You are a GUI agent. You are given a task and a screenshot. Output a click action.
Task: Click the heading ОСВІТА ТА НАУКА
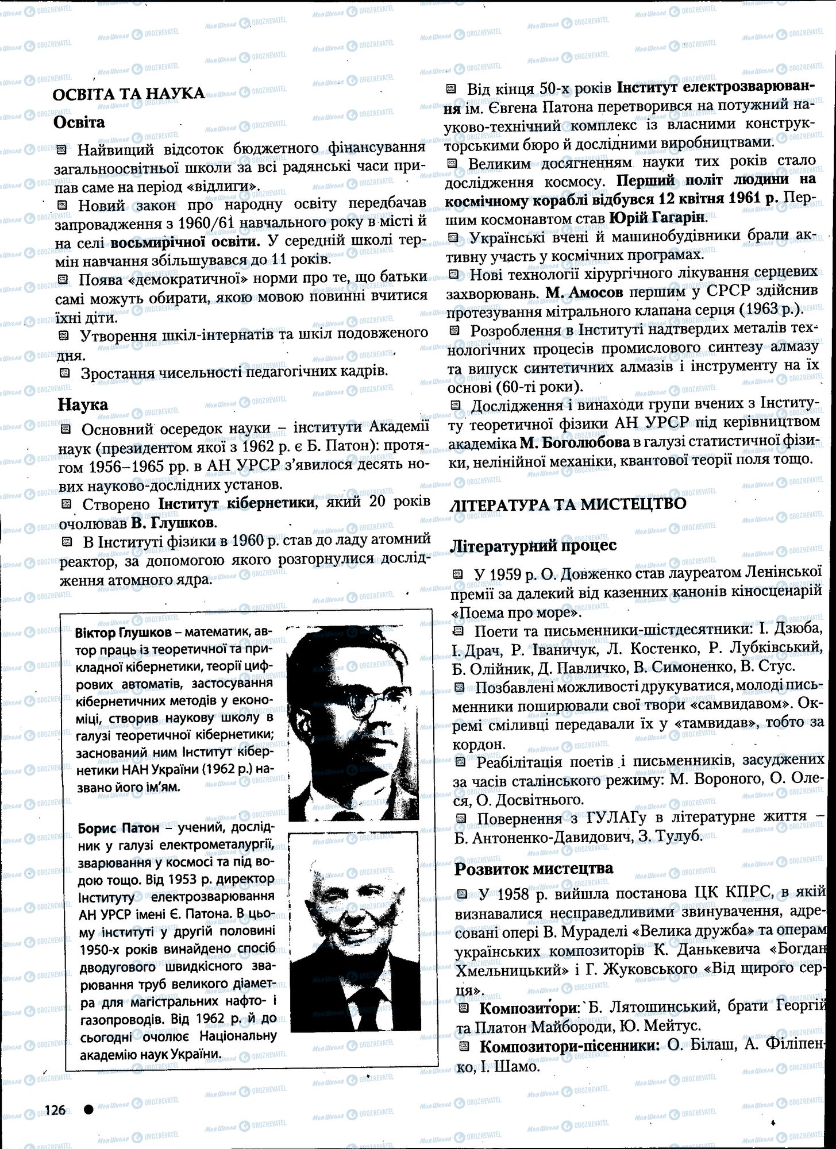coord(128,94)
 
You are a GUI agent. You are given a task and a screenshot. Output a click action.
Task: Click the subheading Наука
coord(83,404)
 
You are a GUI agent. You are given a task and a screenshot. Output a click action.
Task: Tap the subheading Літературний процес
coord(534,545)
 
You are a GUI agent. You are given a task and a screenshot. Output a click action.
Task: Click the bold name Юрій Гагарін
coord(657,218)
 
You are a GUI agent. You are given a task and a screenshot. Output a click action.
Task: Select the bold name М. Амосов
coord(584,292)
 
